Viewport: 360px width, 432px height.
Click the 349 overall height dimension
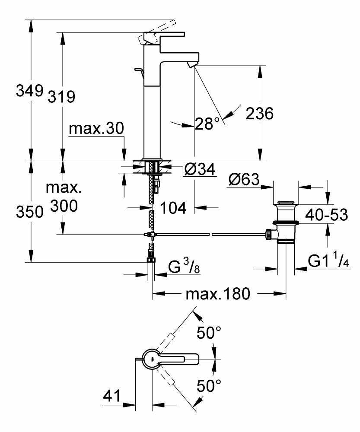(29, 92)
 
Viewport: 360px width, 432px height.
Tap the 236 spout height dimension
(259, 114)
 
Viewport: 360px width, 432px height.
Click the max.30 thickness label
(96, 128)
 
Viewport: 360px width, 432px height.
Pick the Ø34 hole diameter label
(199, 170)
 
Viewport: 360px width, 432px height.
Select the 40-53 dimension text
(326, 214)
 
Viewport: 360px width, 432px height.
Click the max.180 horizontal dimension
(218, 294)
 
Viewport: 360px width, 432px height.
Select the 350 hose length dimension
(29, 212)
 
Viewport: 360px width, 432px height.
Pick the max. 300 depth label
(64, 197)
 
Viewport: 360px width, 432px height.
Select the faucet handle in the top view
(177, 358)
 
